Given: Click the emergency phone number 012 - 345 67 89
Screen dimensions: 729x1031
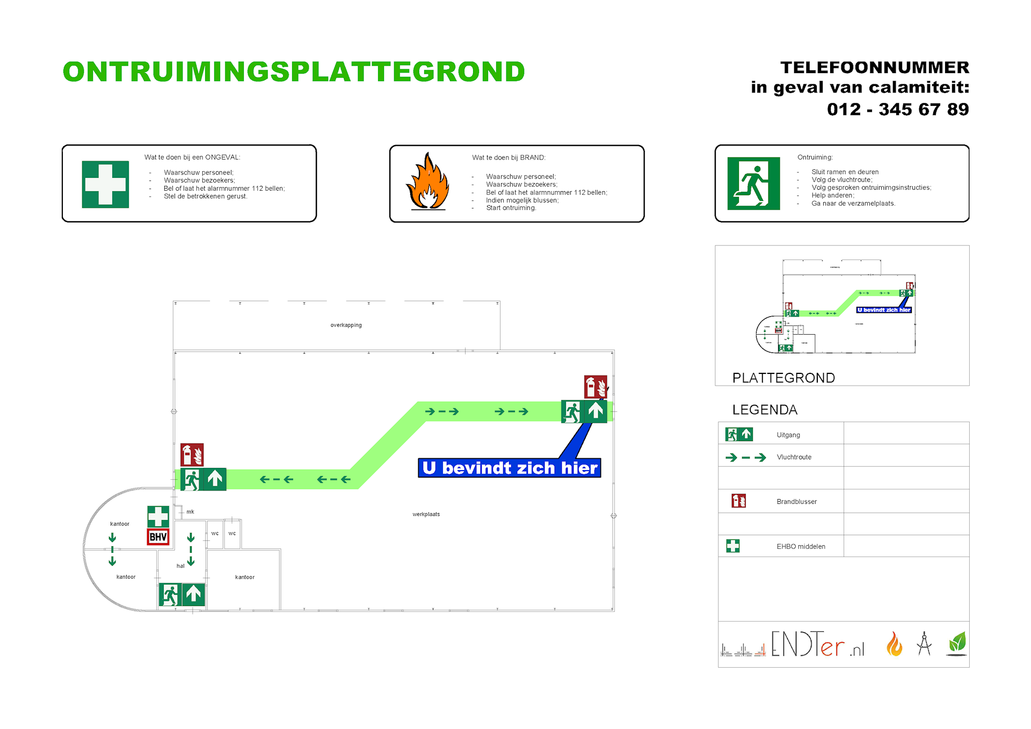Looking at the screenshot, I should (x=897, y=110).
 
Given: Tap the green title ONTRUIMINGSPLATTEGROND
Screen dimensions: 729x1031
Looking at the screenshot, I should (x=294, y=72).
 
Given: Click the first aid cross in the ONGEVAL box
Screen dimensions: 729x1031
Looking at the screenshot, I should (x=105, y=184).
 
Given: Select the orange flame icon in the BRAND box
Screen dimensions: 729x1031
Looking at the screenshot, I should (x=427, y=182).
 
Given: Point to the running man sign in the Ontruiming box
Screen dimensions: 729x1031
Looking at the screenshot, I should (x=753, y=183).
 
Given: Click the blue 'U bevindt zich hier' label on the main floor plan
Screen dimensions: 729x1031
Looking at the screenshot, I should (x=509, y=468).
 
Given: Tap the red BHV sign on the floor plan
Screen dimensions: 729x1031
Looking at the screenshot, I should (x=158, y=537).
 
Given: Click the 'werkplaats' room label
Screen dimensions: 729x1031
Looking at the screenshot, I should (x=426, y=514).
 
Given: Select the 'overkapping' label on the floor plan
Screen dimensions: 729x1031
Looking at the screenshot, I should (x=346, y=325).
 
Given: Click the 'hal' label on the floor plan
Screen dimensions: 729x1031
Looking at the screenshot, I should (x=180, y=566).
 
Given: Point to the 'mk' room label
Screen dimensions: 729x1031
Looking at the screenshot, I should (x=190, y=511).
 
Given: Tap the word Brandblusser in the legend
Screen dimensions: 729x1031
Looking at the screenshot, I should (x=796, y=502).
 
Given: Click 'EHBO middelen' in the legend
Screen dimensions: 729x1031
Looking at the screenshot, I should (x=801, y=546).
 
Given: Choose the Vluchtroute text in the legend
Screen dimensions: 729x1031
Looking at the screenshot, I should (x=794, y=457).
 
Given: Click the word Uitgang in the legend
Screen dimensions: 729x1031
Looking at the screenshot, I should (x=788, y=435).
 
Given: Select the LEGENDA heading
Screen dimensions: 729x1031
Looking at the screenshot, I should (x=765, y=410).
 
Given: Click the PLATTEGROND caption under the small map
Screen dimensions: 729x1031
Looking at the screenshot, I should (x=783, y=378).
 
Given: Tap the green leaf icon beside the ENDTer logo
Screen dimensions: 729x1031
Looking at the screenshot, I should (x=957, y=643).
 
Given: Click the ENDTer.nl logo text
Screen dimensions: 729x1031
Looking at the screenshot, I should (x=817, y=645).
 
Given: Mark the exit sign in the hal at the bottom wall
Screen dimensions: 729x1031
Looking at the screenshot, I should (x=182, y=595).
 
